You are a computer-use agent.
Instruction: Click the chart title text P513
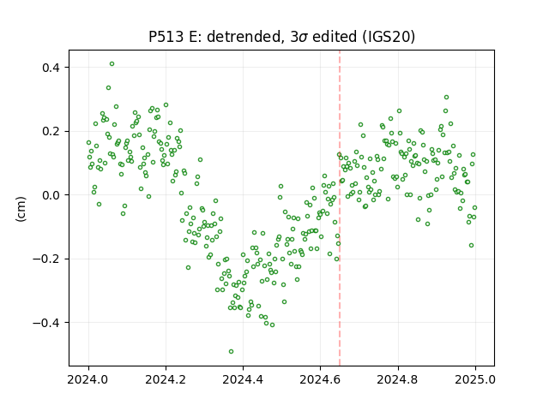[x=166, y=37]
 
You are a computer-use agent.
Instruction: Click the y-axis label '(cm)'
[x=21, y=209]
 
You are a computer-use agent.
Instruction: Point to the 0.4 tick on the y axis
[x=51, y=68]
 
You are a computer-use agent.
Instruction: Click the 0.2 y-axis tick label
[x=51, y=131]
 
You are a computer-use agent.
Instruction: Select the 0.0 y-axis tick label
[x=51, y=195]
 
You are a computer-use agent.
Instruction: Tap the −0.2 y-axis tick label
[x=46, y=259]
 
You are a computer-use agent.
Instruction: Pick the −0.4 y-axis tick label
[x=46, y=323]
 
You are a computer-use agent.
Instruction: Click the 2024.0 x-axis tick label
[x=88, y=379]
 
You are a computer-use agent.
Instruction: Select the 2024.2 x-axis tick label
[x=166, y=379]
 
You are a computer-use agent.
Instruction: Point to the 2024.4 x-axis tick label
[x=243, y=379]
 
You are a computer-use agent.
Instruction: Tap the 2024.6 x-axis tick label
[x=320, y=379]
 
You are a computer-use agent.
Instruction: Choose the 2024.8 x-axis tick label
[x=398, y=379]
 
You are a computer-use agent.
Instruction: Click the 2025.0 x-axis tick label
[x=475, y=379]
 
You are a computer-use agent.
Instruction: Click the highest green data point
[x=112, y=64]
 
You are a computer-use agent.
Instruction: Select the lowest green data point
[x=231, y=352]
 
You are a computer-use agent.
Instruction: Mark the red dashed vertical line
[x=340, y=208]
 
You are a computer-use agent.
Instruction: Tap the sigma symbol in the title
[x=304, y=38]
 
